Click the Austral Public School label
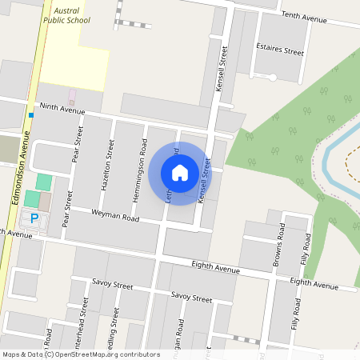coord(66,14)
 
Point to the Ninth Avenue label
coord(62,109)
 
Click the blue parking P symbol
coord(34,217)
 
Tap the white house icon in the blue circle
coord(180,172)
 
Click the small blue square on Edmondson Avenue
coord(30,115)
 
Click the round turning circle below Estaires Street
coord(272,77)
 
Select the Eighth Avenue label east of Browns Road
coord(314,282)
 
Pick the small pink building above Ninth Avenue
coord(71,96)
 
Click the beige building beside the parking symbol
coord(44,201)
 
